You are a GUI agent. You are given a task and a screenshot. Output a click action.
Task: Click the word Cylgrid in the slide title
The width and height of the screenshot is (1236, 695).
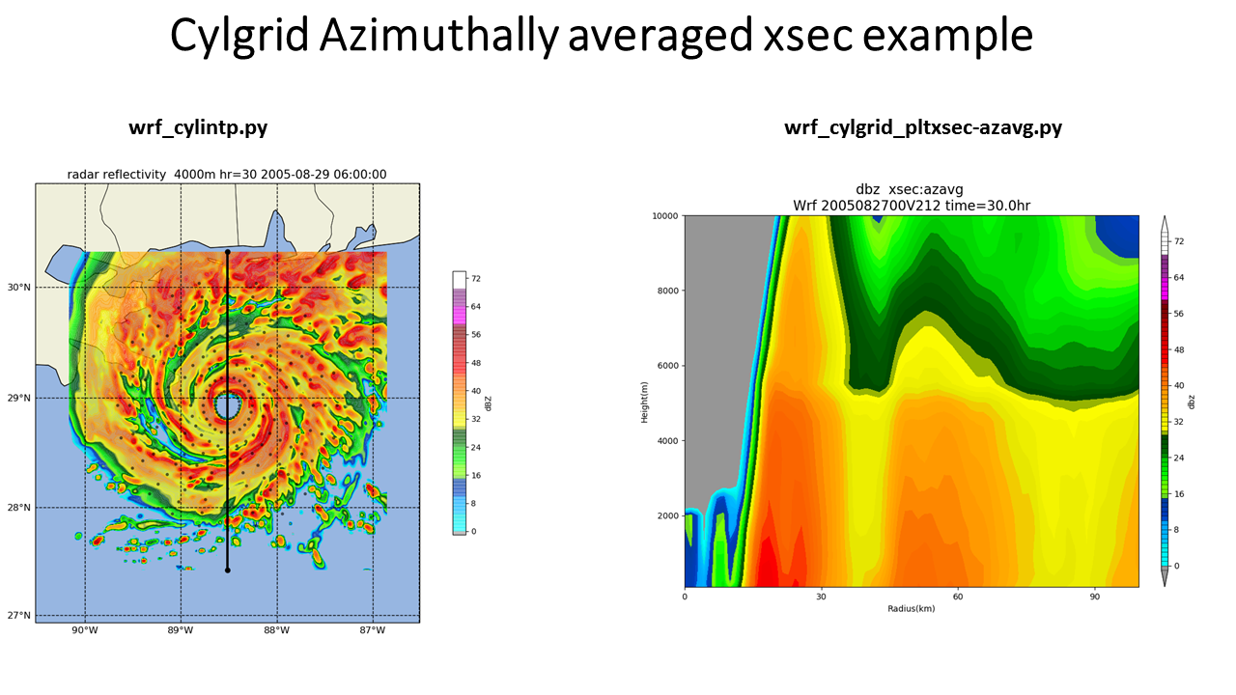(x=239, y=36)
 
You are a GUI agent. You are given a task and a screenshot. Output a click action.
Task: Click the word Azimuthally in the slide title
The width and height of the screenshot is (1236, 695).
(x=439, y=36)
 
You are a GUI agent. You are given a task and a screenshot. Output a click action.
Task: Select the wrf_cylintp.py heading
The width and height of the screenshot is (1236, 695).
(x=198, y=128)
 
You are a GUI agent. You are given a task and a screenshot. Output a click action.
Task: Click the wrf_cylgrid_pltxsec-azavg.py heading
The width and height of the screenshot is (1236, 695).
(x=923, y=128)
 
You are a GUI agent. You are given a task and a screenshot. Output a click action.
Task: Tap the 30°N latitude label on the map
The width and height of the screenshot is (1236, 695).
(x=18, y=288)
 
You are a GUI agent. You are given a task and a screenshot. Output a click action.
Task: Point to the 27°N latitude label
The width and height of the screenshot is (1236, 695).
(x=18, y=616)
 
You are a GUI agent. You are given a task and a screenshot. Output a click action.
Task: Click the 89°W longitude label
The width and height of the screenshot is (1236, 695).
(x=181, y=630)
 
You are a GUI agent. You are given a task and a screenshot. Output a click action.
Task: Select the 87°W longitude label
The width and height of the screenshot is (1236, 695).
(x=373, y=630)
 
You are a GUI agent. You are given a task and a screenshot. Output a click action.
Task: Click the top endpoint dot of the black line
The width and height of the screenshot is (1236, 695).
(x=227, y=252)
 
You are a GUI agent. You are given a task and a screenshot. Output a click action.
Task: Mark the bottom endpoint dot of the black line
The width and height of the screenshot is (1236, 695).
(x=227, y=570)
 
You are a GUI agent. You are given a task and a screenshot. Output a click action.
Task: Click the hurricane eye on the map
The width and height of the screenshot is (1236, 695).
(x=227, y=406)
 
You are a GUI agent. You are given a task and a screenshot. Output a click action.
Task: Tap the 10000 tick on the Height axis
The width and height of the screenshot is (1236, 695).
(x=665, y=216)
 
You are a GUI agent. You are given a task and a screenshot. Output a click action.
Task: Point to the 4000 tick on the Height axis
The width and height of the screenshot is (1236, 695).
(x=667, y=441)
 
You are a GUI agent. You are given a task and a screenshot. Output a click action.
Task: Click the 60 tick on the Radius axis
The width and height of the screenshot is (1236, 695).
(x=958, y=597)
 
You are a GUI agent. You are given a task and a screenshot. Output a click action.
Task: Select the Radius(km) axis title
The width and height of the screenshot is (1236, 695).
(x=911, y=609)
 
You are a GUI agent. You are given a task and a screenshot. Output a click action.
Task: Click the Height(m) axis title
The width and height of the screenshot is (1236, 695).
(x=644, y=403)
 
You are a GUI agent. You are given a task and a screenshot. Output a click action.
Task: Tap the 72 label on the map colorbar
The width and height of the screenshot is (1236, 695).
(x=476, y=279)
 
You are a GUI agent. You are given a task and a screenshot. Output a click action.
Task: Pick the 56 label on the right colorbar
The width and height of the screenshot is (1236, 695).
(x=1179, y=314)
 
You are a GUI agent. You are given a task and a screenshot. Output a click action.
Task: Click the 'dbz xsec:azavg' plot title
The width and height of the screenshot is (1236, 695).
(x=910, y=190)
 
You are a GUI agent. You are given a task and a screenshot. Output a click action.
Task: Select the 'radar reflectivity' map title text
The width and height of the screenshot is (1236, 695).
(x=117, y=175)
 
